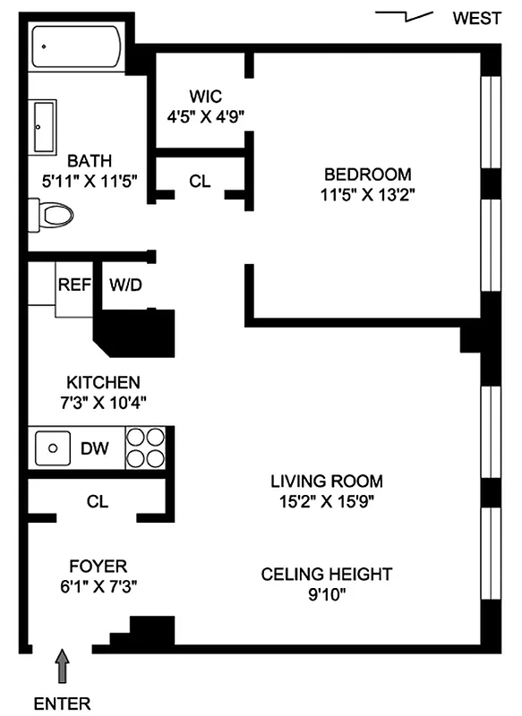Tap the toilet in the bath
[54, 214]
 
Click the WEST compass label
[476, 19]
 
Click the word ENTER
[62, 703]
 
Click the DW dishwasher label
[95, 447]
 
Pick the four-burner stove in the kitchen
[145, 447]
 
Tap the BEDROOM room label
[367, 174]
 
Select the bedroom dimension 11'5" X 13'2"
[367, 194]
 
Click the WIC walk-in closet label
[205, 96]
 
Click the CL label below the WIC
[200, 181]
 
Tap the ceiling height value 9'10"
[327, 593]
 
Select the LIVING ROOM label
[327, 481]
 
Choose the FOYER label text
[98, 566]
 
